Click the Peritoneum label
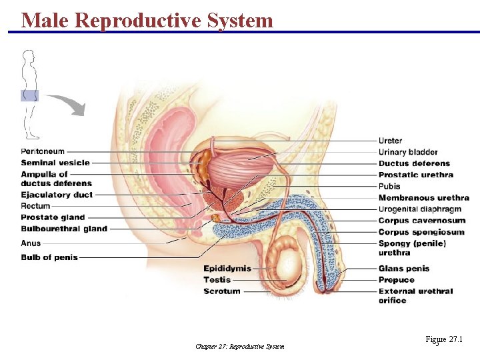[43, 152]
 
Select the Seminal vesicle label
[55, 163]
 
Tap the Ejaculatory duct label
[57, 195]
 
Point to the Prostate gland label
[53, 217]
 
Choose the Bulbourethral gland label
[64, 229]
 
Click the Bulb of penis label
[49, 257]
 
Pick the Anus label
[31, 243]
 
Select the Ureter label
[390, 141]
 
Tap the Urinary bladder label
[408, 152]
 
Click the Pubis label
[389, 186]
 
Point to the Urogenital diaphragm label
[419, 209]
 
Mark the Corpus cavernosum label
[422, 221]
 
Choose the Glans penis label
[404, 269]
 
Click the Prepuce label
[396, 280]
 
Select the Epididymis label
[227, 269]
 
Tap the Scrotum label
[222, 291]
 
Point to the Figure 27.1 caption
[443, 340]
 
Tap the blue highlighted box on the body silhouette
[29, 95]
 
